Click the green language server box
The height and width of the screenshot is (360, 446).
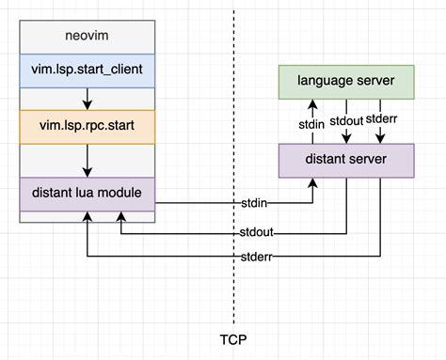(346, 81)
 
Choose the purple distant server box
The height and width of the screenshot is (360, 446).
(346, 159)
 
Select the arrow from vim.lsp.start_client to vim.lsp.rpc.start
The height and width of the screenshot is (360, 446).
(86, 97)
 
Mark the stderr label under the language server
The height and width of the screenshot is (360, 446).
(380, 118)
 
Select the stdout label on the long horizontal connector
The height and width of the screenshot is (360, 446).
(256, 231)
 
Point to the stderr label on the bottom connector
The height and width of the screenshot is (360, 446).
(256, 257)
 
